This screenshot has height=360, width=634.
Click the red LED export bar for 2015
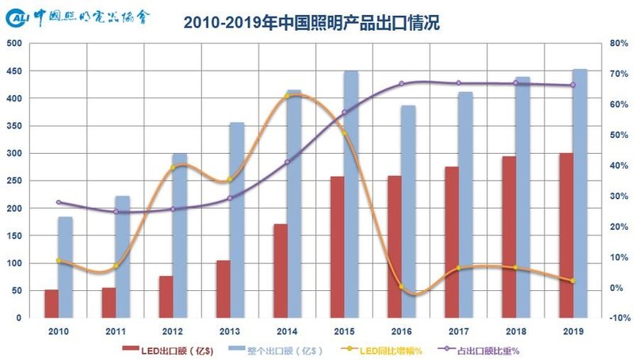337,247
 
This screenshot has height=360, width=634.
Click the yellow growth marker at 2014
287,96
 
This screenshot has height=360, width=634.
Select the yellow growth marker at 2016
401,286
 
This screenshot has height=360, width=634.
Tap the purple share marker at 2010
59,202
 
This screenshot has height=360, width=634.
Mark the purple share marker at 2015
344,113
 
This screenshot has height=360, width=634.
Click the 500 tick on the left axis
13,44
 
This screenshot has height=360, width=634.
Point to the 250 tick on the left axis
13,181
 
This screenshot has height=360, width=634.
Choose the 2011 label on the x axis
116,329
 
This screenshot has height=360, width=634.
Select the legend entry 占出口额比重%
489,348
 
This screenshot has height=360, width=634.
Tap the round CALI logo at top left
17,17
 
